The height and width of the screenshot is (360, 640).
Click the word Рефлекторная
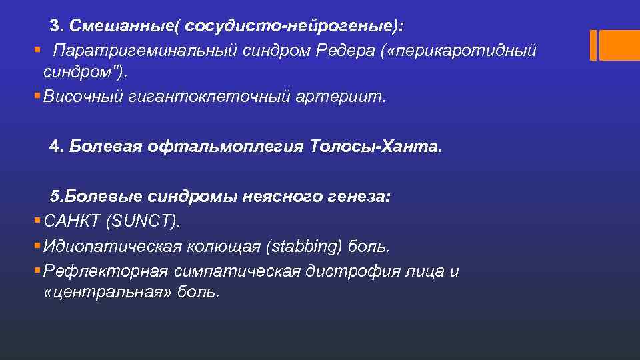tap(105, 272)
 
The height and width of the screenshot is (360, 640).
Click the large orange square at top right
tap(620, 45)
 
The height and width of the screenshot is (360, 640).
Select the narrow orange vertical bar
tap(593, 45)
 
